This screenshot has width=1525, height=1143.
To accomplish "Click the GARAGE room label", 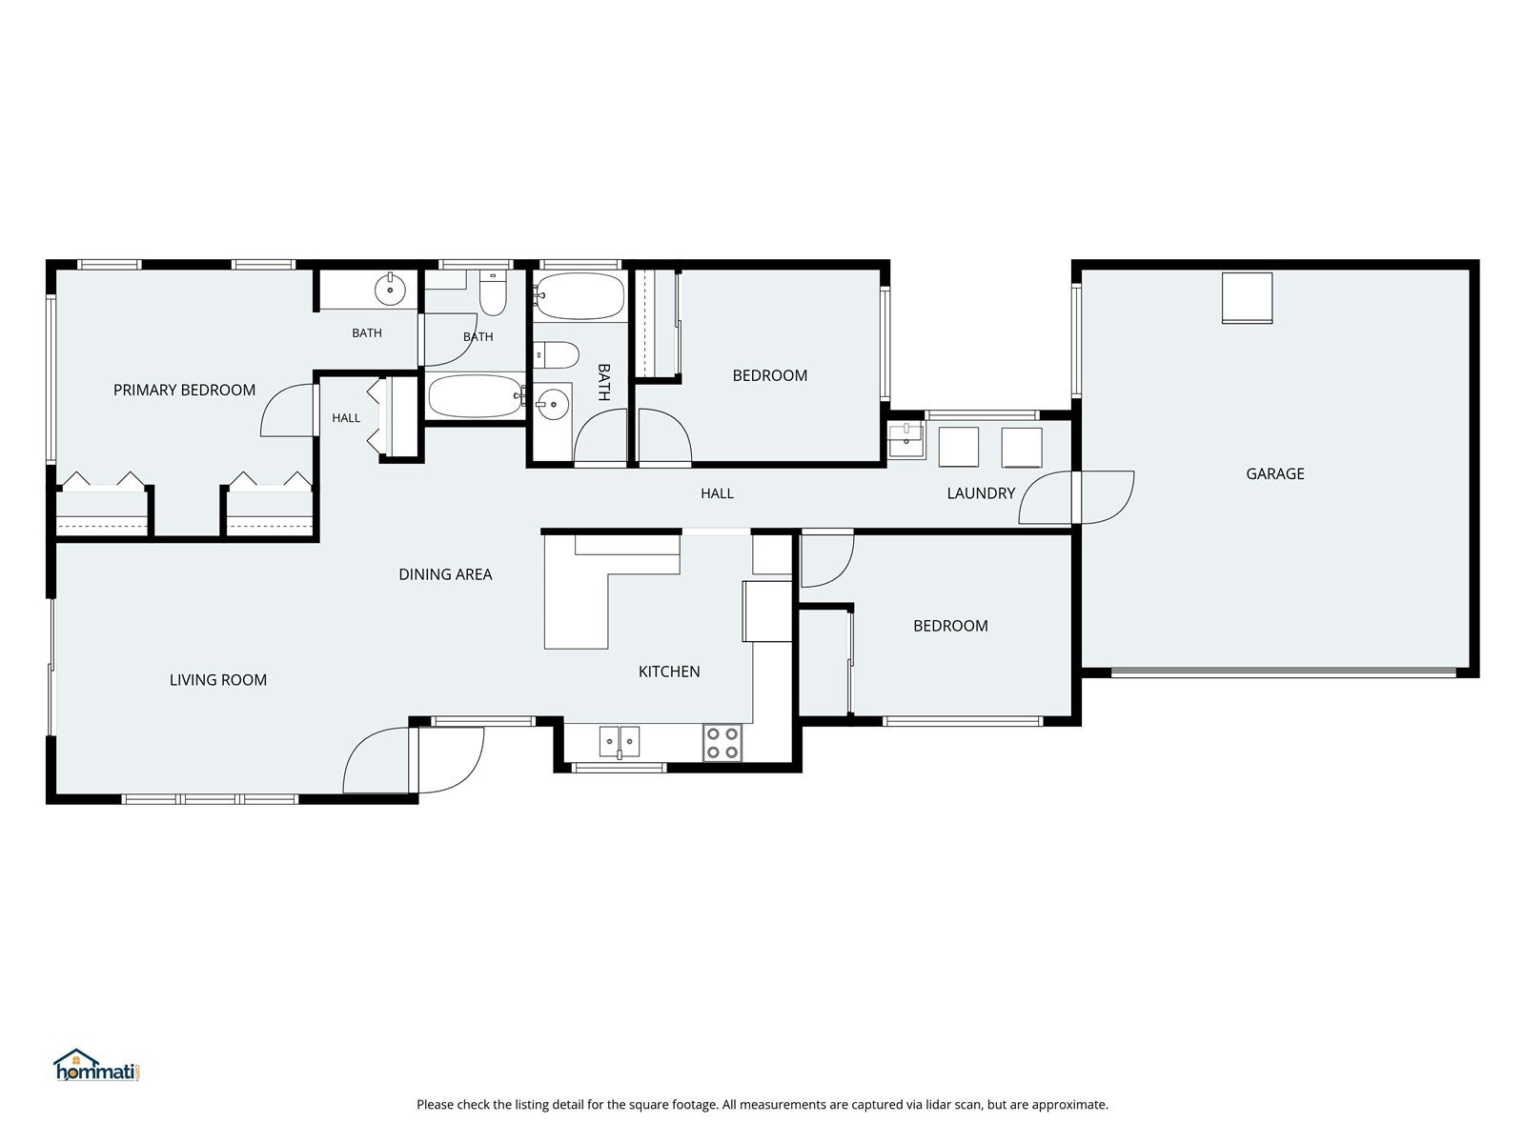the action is (1274, 474).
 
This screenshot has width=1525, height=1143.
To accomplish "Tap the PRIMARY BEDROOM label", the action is (184, 390).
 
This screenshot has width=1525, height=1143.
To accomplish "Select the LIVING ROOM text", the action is (218, 680).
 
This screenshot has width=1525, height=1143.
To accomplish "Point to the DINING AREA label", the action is (445, 574).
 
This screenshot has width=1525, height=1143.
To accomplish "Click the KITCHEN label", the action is (669, 672).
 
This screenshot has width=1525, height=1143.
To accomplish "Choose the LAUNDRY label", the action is (981, 493).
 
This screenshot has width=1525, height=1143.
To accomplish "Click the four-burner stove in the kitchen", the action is (722, 743).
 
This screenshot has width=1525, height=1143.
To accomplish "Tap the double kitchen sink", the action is (620, 742).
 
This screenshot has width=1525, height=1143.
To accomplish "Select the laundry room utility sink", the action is (906, 440).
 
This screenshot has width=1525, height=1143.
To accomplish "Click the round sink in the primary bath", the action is (390, 289).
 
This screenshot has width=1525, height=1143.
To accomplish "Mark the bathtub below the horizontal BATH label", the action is (476, 396).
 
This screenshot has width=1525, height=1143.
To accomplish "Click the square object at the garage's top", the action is (1247, 298).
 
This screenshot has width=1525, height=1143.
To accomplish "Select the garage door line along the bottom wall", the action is (1283, 672).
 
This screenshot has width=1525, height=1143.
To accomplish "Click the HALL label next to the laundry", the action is (717, 493).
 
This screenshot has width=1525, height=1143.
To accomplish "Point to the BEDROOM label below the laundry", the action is (950, 626).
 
